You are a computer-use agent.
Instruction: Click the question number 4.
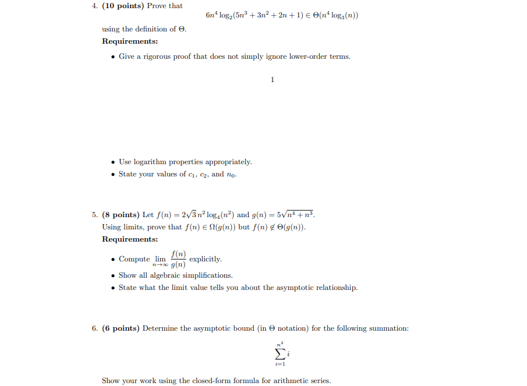(x=94, y=6)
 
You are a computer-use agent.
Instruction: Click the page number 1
(x=272, y=79)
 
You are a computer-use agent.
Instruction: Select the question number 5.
(x=94, y=214)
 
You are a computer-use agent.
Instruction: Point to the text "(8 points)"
(x=121, y=214)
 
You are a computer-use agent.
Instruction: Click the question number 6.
(x=94, y=328)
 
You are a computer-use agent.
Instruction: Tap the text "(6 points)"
(x=121, y=328)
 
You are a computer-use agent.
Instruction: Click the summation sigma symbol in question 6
(x=280, y=353)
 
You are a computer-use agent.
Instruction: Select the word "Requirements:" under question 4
(x=130, y=41)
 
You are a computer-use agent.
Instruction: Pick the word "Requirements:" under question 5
(x=130, y=239)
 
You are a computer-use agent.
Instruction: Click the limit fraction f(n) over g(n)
(x=179, y=259)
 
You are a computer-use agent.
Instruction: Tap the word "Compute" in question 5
(x=135, y=259)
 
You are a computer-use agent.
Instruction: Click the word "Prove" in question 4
(x=157, y=6)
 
